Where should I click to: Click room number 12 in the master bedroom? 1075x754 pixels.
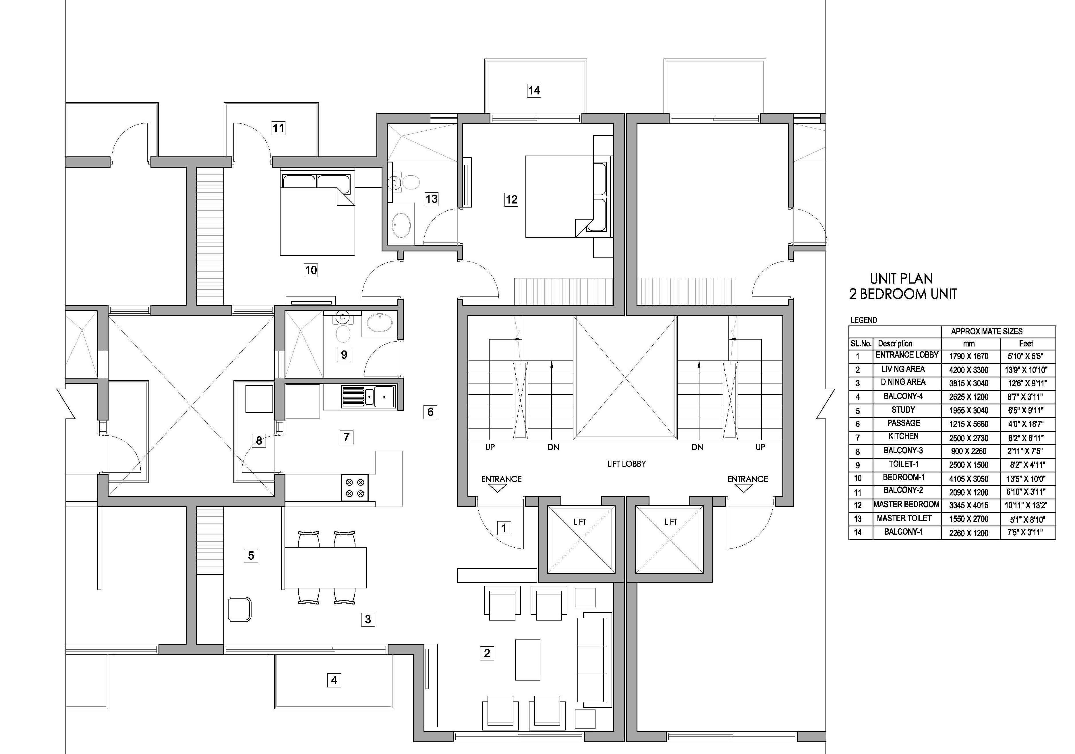click(511, 199)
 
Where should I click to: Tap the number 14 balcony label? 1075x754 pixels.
click(534, 90)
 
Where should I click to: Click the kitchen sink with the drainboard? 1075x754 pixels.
click(368, 397)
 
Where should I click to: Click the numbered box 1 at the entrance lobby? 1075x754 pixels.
click(504, 528)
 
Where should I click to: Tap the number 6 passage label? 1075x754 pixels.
click(430, 412)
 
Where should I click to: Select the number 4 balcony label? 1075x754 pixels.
click(334, 680)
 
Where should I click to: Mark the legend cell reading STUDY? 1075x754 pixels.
click(903, 410)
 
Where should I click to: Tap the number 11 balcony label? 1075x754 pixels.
click(279, 128)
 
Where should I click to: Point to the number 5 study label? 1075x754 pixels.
click(251, 556)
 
